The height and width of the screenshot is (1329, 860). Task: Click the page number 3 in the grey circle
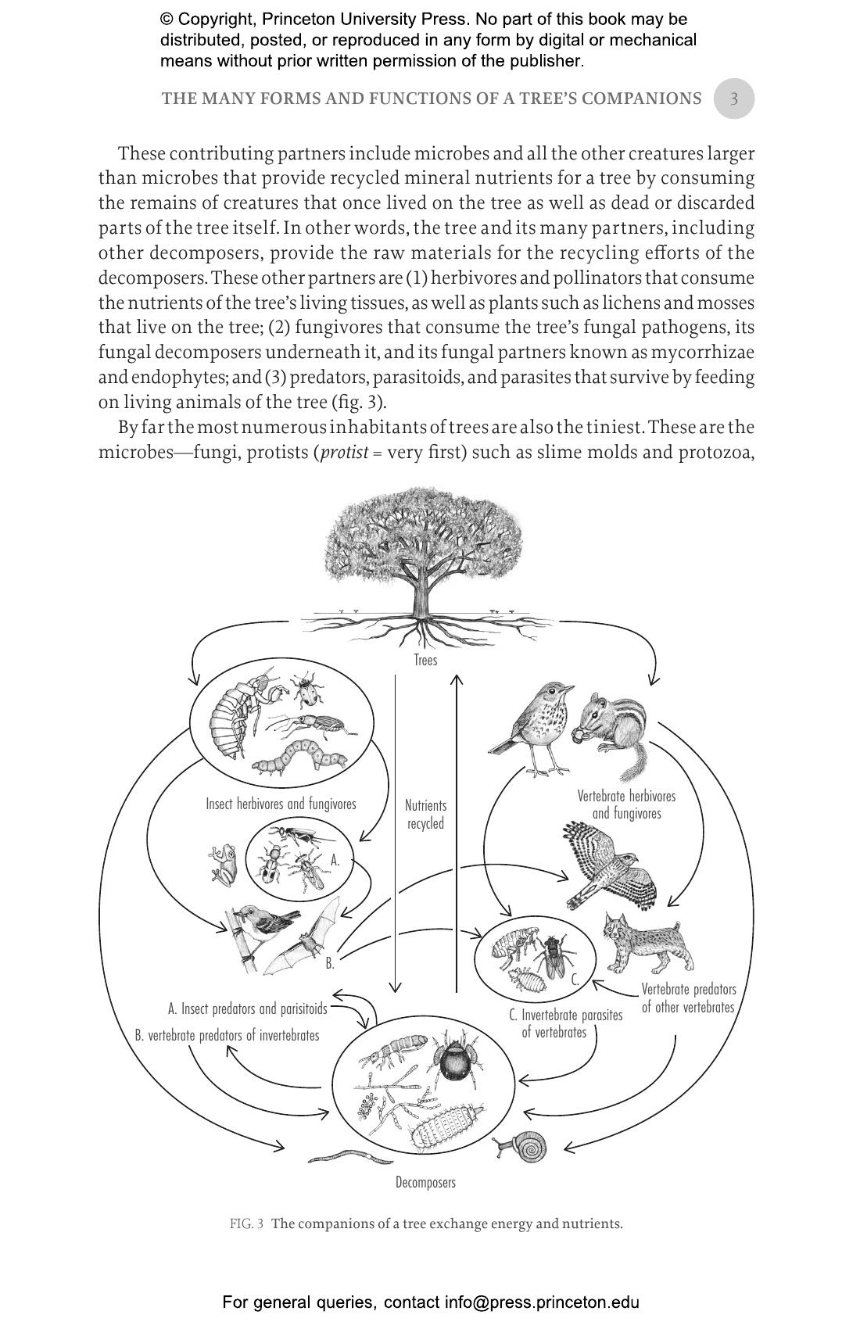coord(733,99)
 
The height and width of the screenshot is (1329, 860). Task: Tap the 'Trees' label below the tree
coord(425,660)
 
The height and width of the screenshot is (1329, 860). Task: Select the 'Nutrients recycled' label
coord(425,814)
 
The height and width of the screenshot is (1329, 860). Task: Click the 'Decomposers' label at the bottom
coord(425,1182)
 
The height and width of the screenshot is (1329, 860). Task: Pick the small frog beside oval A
coord(224,863)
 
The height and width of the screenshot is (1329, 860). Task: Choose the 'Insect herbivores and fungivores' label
coord(281,804)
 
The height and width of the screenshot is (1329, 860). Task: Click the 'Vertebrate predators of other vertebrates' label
coord(688,998)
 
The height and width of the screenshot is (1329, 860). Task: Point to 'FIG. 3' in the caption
coord(246,1223)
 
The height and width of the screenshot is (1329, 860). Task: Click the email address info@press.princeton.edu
coord(543,1302)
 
